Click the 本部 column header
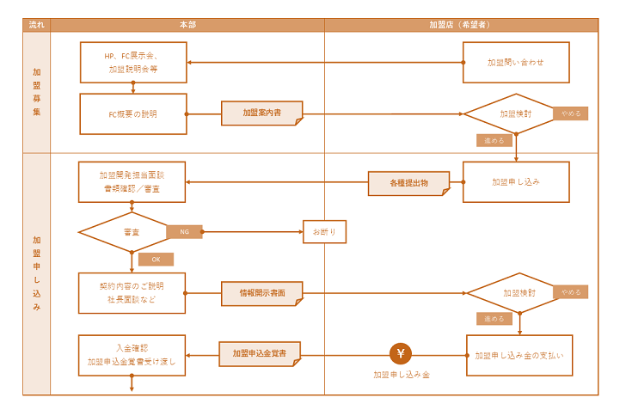187,25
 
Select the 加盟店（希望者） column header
461,25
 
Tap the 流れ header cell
37,25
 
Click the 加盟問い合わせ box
516,63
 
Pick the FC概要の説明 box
133,113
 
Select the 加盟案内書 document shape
261,113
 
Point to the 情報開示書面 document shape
262,293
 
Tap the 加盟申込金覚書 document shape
260,353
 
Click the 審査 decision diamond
131,232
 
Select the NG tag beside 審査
184,232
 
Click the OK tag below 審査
156,259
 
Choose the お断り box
324,232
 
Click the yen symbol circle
402,353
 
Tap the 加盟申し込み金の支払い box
519,355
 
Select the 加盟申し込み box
516,182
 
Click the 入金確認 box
132,355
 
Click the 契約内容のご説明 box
132,293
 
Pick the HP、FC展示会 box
133,62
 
